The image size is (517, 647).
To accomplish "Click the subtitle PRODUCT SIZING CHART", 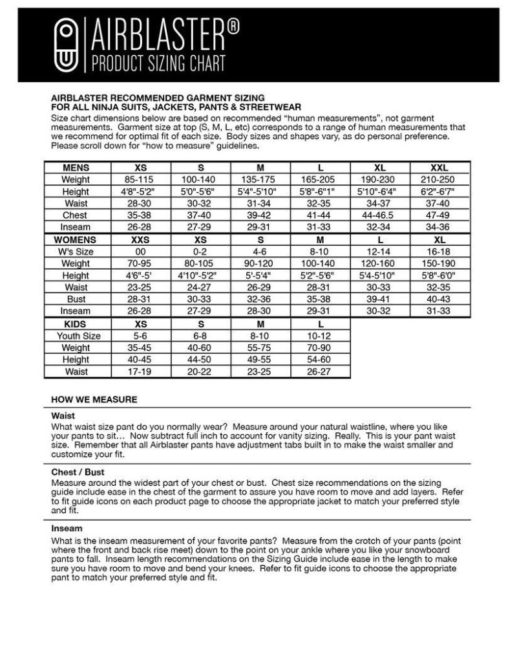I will click(x=159, y=63).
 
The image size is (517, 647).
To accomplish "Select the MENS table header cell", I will click(x=76, y=168).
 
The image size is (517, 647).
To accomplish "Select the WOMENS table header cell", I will click(x=76, y=239).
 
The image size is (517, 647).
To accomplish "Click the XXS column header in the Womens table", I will click(x=140, y=239).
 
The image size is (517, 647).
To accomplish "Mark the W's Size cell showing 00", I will click(x=140, y=251).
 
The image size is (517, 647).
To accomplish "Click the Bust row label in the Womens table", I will click(x=76, y=300).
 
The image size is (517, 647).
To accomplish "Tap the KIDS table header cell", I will click(x=76, y=323).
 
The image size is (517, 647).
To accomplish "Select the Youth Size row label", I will click(x=76, y=336).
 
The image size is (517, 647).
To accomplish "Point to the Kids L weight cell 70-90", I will click(x=321, y=347).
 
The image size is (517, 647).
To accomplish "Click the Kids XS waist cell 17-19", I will click(x=140, y=371).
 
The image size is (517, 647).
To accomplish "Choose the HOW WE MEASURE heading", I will click(x=94, y=399).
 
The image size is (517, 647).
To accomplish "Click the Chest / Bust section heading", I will click(x=78, y=472).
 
